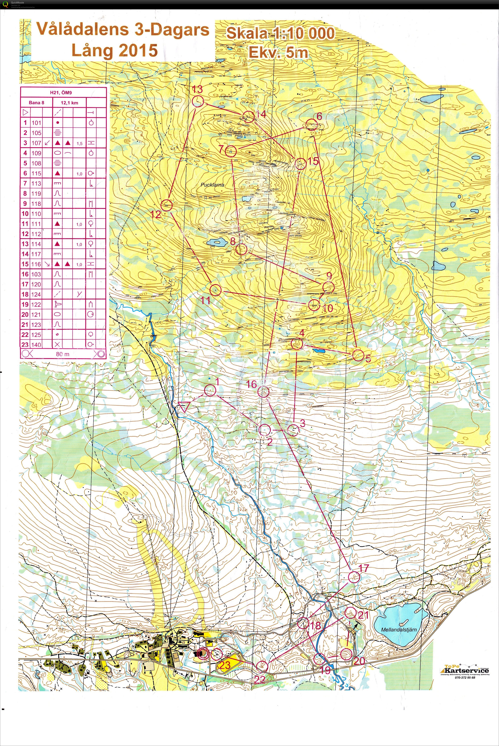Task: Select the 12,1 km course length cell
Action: tap(69, 103)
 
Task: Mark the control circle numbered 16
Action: tap(263, 392)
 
